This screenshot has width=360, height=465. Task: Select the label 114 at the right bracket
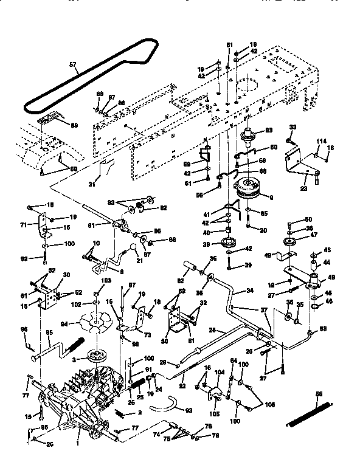click(320, 141)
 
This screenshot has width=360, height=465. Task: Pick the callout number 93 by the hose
click(189, 412)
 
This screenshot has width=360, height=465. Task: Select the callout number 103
click(107, 280)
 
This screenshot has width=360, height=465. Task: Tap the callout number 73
click(148, 334)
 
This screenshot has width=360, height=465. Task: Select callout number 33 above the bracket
click(292, 126)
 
